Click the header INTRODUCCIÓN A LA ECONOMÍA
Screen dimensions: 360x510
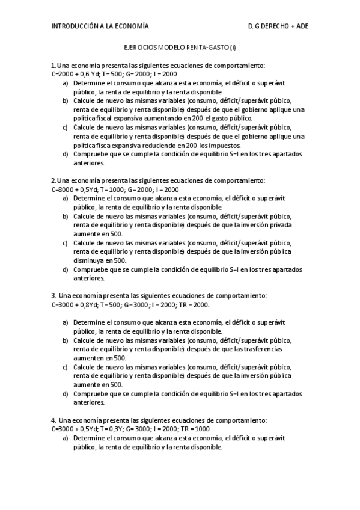click(100, 26)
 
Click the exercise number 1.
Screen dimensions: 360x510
click(53, 65)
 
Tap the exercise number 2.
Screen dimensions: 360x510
click(53, 180)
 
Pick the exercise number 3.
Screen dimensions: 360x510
click(53, 296)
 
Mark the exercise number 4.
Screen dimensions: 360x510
click(53, 420)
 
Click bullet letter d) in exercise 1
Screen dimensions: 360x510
click(65, 154)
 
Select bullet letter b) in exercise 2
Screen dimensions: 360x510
click(65, 216)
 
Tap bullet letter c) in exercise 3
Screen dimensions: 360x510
click(65, 367)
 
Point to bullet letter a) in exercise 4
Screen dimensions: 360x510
click(65, 438)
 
